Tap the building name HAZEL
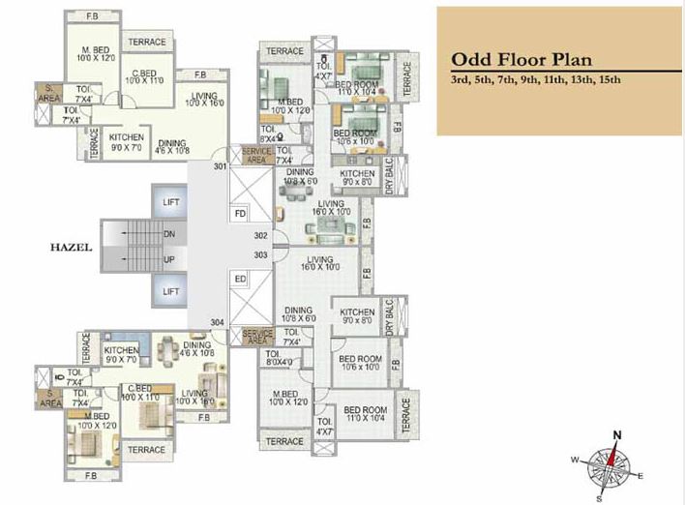pyautogui.click(x=70, y=248)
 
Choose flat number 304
pyautogui.click(x=219, y=322)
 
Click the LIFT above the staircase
pyautogui.click(x=171, y=202)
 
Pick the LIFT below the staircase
pyautogui.click(x=171, y=291)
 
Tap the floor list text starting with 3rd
pyautogui.click(x=535, y=78)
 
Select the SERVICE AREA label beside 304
pyautogui.click(x=256, y=336)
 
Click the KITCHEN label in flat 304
pyautogui.click(x=122, y=351)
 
